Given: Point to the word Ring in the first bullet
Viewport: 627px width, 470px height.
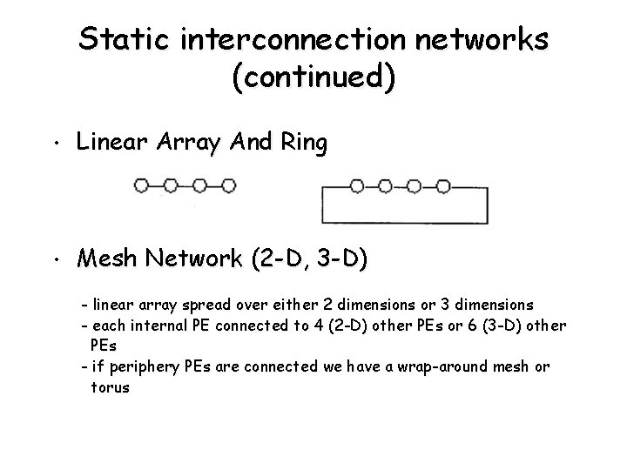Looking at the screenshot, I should pyautogui.click(x=302, y=142).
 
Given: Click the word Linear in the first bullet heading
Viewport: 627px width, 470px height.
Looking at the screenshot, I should pyautogui.click(x=106, y=142).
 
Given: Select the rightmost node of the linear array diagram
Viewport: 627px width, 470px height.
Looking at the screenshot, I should pyautogui.click(x=229, y=185).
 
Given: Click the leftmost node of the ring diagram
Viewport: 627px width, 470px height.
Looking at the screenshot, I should pyautogui.click(x=356, y=185).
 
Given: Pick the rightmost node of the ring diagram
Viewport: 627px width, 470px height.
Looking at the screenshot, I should pyautogui.click(x=442, y=185).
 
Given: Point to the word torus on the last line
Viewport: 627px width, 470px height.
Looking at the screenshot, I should pyautogui.click(x=110, y=387).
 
